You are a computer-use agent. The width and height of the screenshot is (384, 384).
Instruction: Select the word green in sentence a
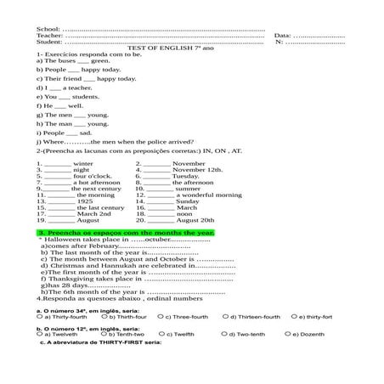[99, 61]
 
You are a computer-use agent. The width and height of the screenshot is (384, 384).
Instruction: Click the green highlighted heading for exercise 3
[126, 232]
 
